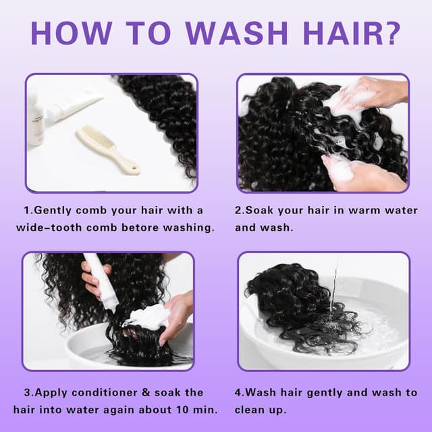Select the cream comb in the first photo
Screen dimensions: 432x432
click(x=108, y=149)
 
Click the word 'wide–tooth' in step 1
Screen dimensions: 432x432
click(x=49, y=227)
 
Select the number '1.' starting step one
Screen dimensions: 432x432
click(x=28, y=211)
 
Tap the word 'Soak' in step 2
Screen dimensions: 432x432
click(x=260, y=210)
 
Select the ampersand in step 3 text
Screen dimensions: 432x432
click(x=146, y=393)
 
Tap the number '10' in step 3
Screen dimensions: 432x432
click(x=182, y=410)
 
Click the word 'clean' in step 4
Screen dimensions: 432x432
click(x=248, y=410)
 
